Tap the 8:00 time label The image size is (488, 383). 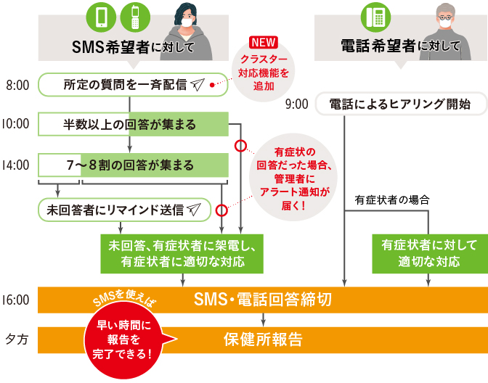tap(17, 85)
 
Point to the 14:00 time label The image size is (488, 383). tap(15, 165)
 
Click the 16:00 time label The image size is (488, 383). tap(15, 299)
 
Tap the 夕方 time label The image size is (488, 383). tap(16, 338)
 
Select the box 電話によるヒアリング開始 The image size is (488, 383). tap(402, 104)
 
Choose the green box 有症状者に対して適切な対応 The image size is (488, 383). tap(429, 252)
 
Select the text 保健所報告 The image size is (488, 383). tap(263, 338)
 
